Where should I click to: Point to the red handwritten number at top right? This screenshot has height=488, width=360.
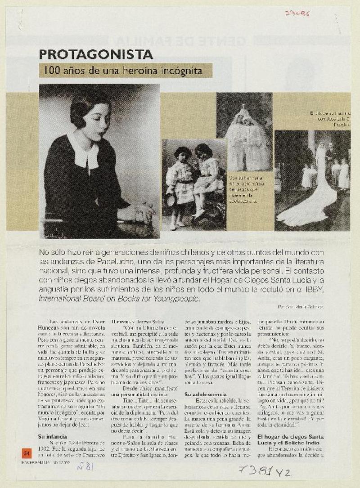tap(297, 13)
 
